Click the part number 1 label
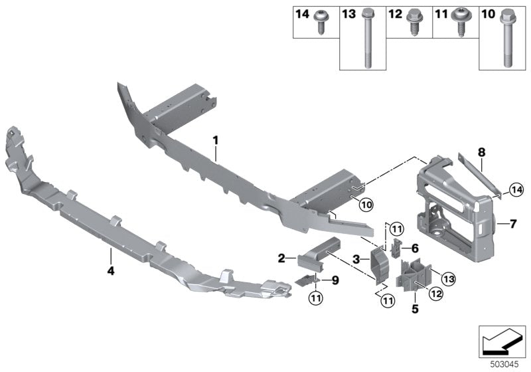click(x=215, y=139)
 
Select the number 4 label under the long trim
click(x=110, y=270)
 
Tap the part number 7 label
click(x=512, y=225)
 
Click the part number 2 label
click(x=281, y=258)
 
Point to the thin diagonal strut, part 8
click(x=479, y=174)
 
